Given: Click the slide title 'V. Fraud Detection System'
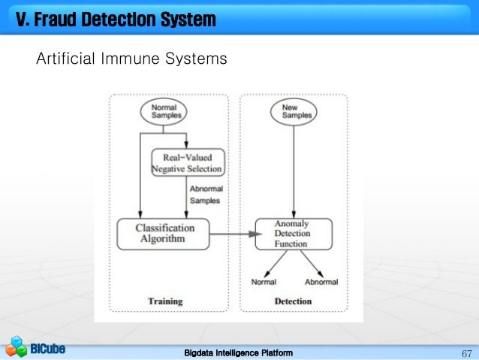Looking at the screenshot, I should [116, 19].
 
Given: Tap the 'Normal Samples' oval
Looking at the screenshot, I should [163, 112].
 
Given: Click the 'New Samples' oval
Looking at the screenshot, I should [292, 112].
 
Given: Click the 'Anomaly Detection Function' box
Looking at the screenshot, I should [292, 234].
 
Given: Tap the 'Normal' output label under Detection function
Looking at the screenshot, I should [264, 282].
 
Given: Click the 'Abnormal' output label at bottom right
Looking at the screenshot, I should [321, 282].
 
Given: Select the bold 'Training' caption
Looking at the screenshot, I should [164, 301].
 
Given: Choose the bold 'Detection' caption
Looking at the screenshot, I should [293, 301].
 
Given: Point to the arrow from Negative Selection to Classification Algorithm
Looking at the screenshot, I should [186, 199].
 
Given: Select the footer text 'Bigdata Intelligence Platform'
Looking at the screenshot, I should [239, 352].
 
